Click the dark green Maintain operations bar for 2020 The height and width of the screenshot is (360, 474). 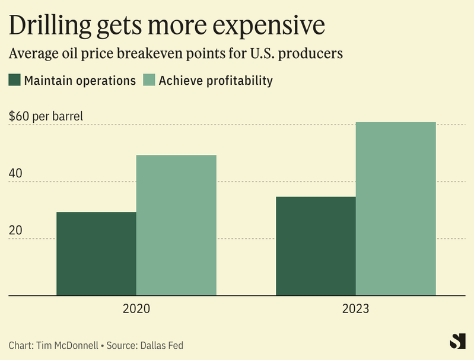[x=96, y=253]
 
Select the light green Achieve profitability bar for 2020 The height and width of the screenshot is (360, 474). [x=176, y=225]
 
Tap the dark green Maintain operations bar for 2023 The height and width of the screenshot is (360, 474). [x=316, y=246]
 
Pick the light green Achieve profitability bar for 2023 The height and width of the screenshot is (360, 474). [x=396, y=208]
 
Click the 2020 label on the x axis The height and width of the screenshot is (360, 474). [x=136, y=309]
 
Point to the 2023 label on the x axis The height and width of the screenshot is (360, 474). [x=355, y=309]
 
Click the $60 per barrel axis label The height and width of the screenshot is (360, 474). [x=46, y=116]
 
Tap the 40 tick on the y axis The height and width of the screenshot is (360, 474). [x=15, y=174]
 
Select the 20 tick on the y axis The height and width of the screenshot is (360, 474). [x=15, y=231]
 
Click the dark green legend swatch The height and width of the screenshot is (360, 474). [x=15, y=80]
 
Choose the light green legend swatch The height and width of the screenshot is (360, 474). [x=149, y=80]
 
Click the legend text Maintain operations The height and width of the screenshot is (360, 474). [x=80, y=81]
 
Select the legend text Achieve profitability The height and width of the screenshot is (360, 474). [x=216, y=81]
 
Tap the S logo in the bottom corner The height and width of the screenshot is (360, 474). [x=456, y=342]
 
